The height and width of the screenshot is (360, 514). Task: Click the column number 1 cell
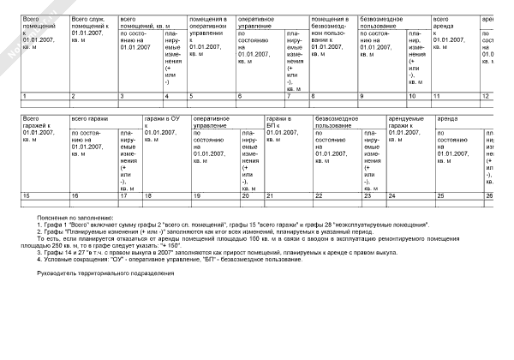24,95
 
